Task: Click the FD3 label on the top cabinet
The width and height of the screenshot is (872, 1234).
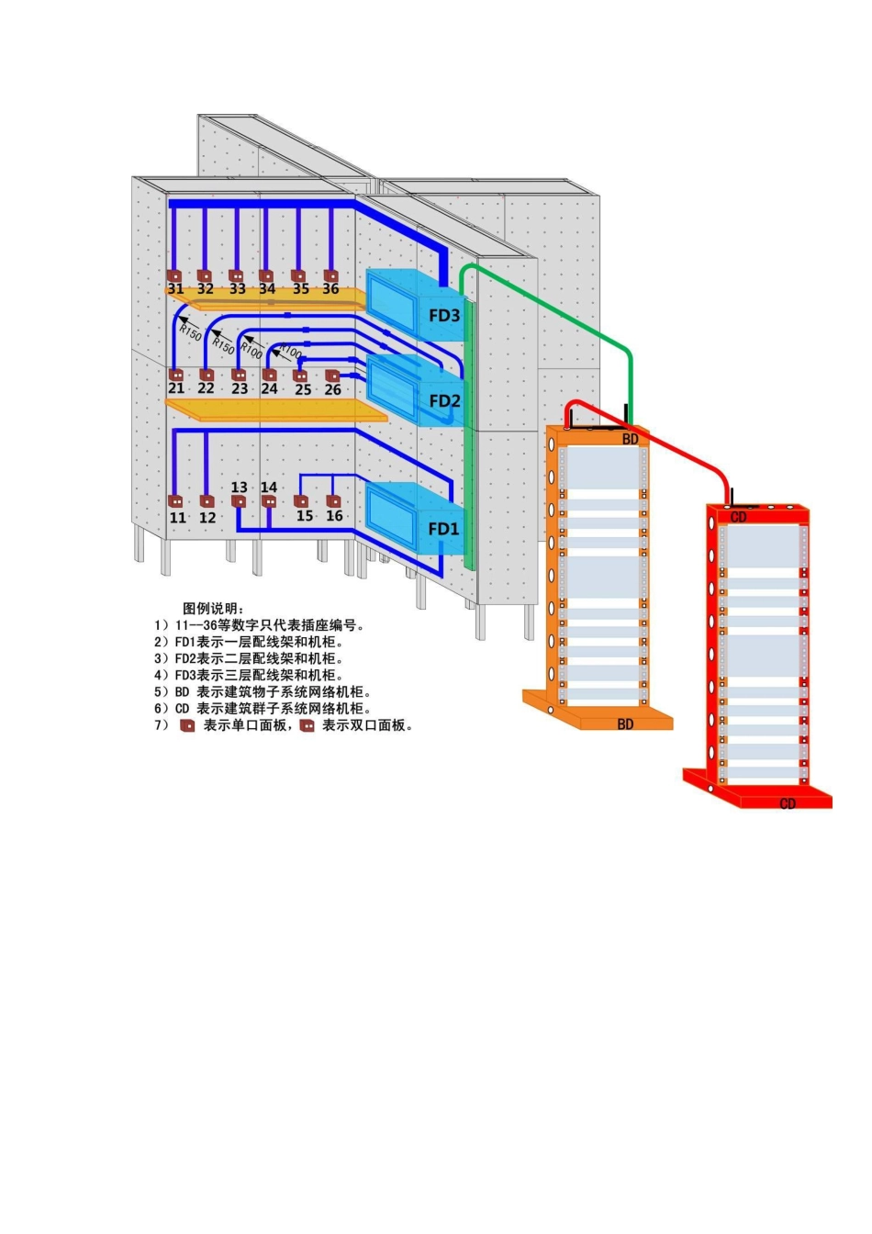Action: coord(444,316)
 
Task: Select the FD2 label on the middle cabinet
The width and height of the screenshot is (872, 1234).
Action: coord(444,401)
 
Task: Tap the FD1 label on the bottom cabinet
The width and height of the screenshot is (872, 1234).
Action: coord(443,529)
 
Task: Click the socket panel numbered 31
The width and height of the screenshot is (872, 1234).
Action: coord(174,275)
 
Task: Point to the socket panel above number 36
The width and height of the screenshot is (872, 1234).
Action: coord(330,275)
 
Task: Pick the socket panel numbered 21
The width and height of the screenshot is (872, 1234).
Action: coord(175,376)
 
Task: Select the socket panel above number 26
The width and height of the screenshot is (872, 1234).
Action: coord(332,376)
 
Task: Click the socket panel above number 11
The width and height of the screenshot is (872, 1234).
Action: coord(175,501)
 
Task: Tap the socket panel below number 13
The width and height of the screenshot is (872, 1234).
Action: coord(239,501)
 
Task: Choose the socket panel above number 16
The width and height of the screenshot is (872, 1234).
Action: coord(333,501)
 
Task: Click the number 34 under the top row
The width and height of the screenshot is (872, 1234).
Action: coord(267,289)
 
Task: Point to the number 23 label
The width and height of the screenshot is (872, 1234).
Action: coord(240,389)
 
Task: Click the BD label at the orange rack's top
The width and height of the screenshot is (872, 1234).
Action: coord(631,440)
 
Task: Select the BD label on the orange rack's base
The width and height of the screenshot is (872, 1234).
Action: coord(625,724)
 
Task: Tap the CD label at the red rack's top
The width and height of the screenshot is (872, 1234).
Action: coord(739,518)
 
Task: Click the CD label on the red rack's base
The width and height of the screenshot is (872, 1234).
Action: coord(788,804)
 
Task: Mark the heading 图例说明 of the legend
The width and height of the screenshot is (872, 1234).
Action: coord(214,608)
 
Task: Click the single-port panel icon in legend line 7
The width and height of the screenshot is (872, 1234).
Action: coord(187,725)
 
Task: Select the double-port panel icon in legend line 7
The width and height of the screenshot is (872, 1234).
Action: coord(307,725)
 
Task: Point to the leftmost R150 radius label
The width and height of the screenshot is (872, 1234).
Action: coord(189,331)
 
